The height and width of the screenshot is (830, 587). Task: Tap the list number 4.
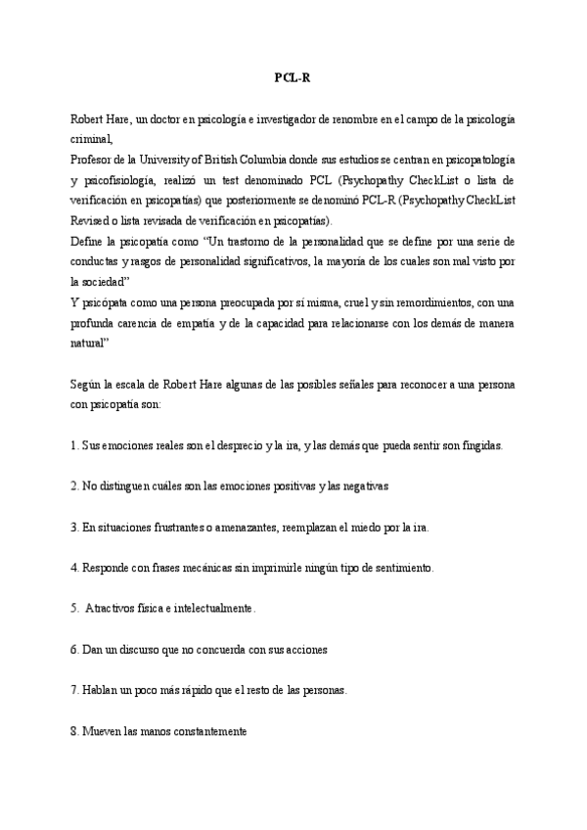pyautogui.click(x=74, y=568)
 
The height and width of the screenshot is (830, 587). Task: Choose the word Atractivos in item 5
pyautogui.click(x=112, y=609)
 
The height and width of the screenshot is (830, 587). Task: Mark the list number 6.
pyautogui.click(x=74, y=649)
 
